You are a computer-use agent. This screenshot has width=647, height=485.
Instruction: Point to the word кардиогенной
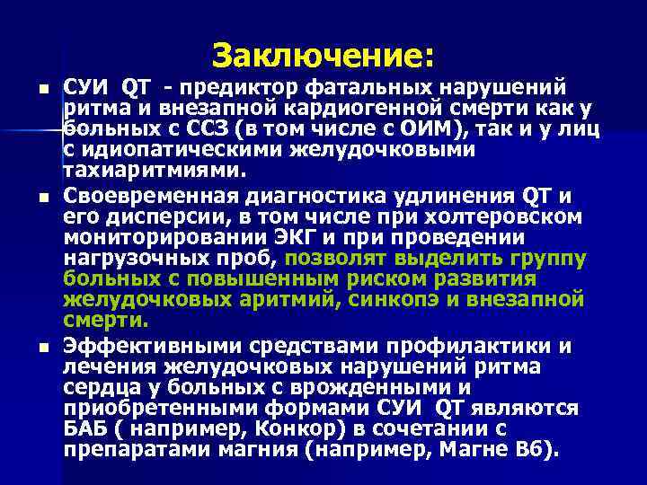(323, 110)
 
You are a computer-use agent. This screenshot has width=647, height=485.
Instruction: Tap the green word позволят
(332, 259)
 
